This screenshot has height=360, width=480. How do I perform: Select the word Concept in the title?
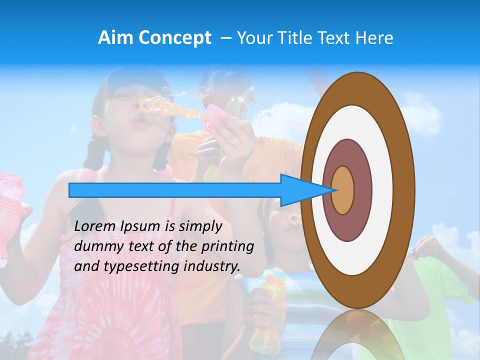(174, 38)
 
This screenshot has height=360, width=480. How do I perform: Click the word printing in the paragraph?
(227, 247)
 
